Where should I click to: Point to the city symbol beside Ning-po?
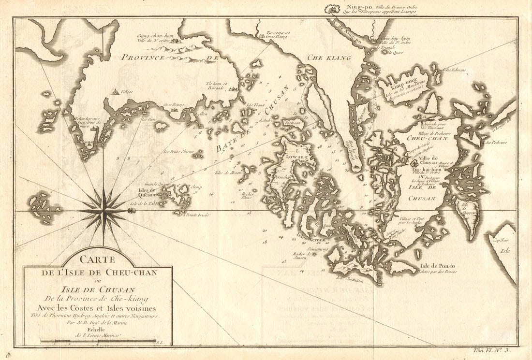point(332,8)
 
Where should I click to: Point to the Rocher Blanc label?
point(248,195)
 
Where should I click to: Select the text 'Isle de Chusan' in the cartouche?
point(97,289)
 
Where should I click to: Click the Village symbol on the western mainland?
point(116,91)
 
